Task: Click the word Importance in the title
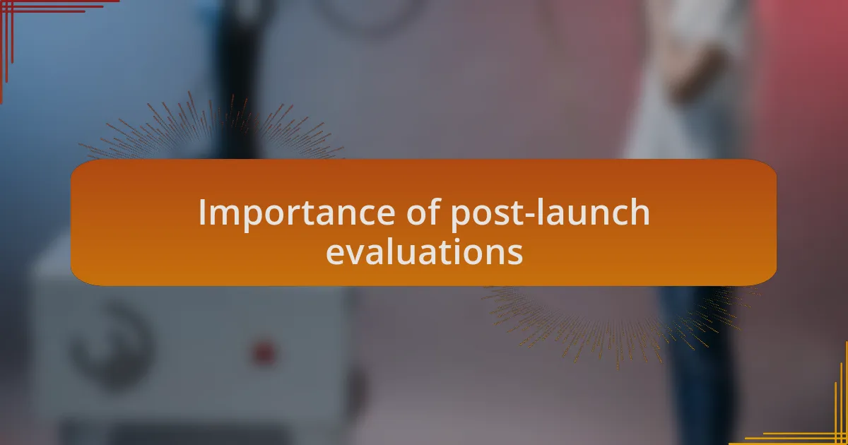(x=296, y=213)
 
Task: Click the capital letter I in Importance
(x=202, y=213)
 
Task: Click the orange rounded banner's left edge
(x=71, y=222)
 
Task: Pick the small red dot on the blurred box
(x=264, y=352)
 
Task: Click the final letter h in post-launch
(x=640, y=212)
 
